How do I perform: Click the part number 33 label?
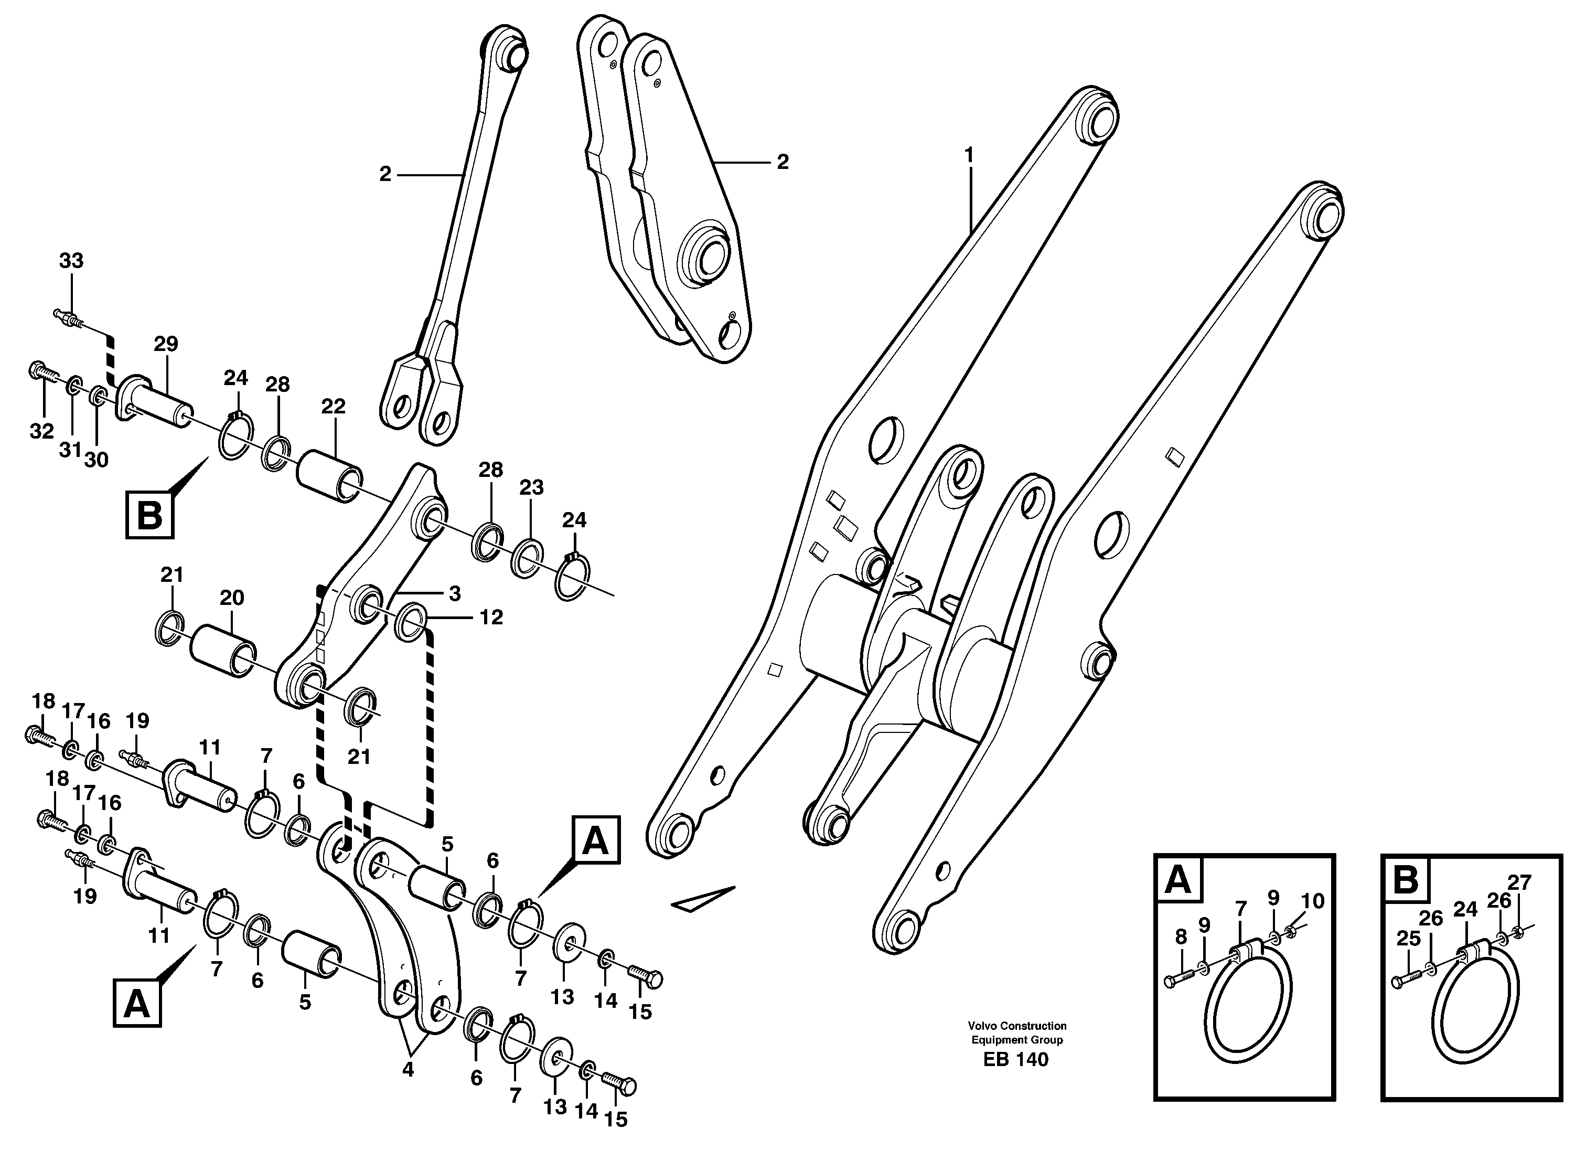pyautogui.click(x=71, y=261)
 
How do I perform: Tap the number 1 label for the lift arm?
pyautogui.click(x=969, y=154)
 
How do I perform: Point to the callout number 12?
pyautogui.click(x=490, y=618)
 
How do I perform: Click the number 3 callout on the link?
pyautogui.click(x=454, y=593)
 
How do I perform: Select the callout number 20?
pyautogui.click(x=232, y=598)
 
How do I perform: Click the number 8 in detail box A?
pyautogui.click(x=1180, y=937)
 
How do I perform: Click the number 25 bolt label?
pyautogui.click(x=1408, y=939)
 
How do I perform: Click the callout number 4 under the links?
pyautogui.click(x=408, y=1070)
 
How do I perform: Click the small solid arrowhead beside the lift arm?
pyautogui.click(x=702, y=900)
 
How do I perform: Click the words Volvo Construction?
pyautogui.click(x=1017, y=1026)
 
